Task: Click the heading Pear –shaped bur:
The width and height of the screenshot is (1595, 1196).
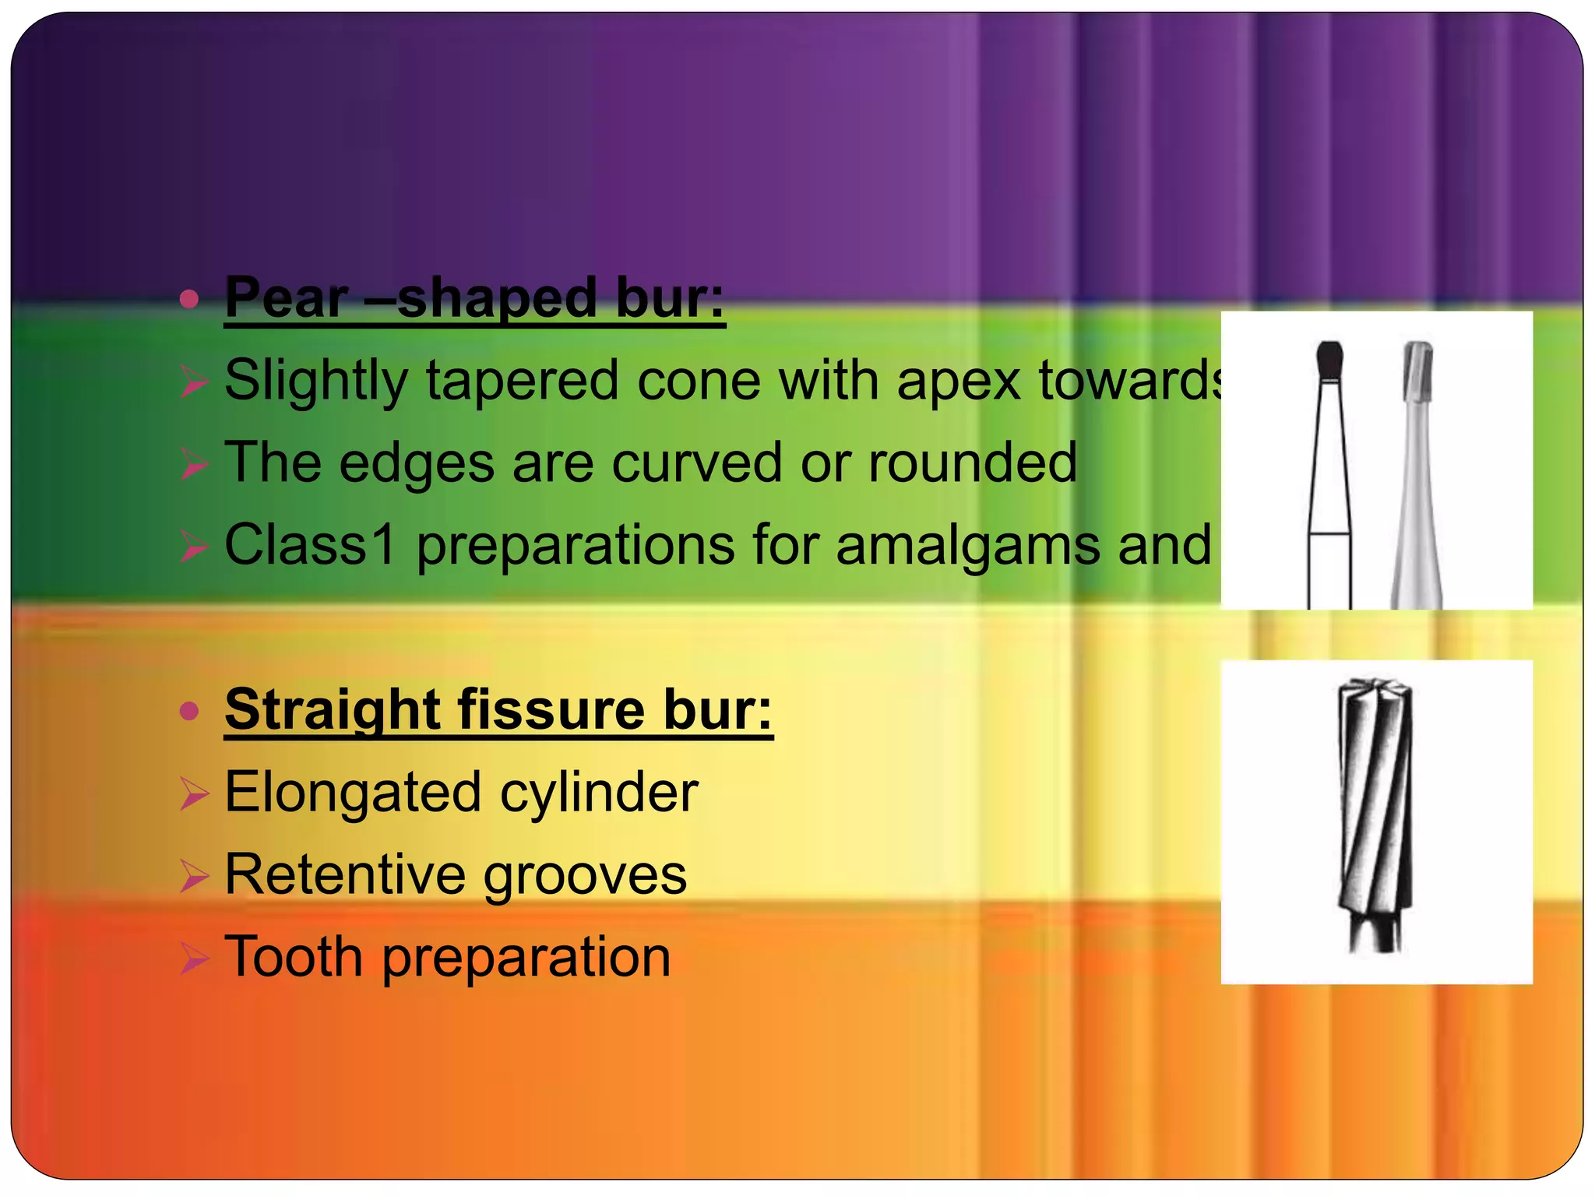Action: tap(474, 298)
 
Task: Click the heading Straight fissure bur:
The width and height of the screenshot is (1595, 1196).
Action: tap(498, 710)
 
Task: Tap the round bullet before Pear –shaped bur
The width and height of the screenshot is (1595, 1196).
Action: tap(189, 299)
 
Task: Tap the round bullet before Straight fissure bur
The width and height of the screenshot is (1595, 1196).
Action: tap(189, 711)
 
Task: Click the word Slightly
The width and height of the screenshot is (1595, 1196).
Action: tap(316, 382)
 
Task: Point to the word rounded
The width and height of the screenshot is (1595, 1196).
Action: tap(973, 463)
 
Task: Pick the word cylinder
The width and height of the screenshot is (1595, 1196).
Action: tap(599, 793)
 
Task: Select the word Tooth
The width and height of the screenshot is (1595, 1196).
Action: tap(294, 957)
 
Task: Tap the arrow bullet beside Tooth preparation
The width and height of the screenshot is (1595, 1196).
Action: tap(194, 959)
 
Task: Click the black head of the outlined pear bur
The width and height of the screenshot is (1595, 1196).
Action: tap(1329, 361)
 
